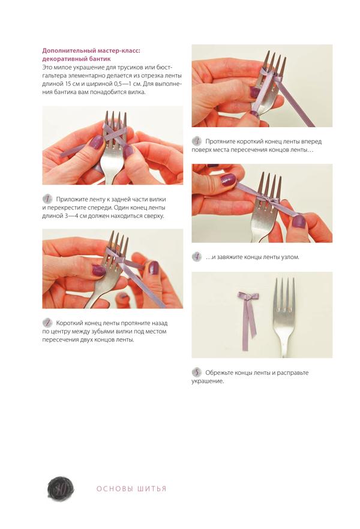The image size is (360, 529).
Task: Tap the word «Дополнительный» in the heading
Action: click(x=64, y=50)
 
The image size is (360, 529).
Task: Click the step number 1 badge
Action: click(x=47, y=199)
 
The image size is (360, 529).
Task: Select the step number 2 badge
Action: click(x=47, y=323)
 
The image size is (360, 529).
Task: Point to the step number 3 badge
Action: click(x=197, y=141)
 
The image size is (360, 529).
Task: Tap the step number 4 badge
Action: click(x=197, y=257)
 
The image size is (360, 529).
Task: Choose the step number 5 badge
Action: click(x=197, y=372)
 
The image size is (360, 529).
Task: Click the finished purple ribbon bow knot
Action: click(x=248, y=297)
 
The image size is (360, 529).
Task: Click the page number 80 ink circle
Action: click(x=61, y=488)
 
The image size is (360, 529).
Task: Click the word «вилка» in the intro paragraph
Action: click(x=136, y=92)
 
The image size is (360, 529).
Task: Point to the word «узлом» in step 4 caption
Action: click(x=290, y=257)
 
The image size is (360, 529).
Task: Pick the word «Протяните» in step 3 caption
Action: click(x=220, y=142)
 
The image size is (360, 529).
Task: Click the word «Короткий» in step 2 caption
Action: click(x=70, y=323)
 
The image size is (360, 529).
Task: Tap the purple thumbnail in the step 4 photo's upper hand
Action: click(x=229, y=179)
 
